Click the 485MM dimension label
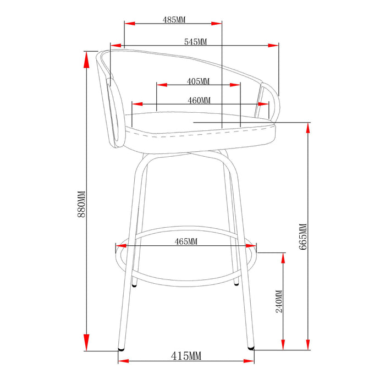pyautogui.click(x=174, y=20)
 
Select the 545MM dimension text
pyautogui.click(x=195, y=42)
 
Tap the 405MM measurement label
pyautogui.click(x=198, y=81)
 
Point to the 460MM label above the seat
pyautogui.click(x=199, y=101)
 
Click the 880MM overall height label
pyautogui.click(x=81, y=204)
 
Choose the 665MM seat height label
pyautogui.click(x=302, y=237)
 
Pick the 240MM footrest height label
pyautogui.click(x=279, y=301)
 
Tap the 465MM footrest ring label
pyautogui.click(x=186, y=241)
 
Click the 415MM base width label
pyautogui.click(x=186, y=356)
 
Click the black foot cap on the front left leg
pyautogui.click(x=121, y=349)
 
